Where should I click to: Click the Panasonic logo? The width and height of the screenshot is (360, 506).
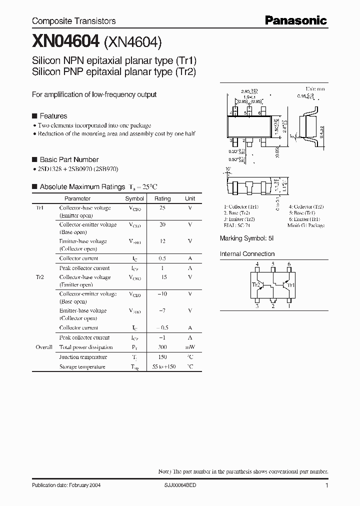[295, 20]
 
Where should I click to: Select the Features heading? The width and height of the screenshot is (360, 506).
[53, 116]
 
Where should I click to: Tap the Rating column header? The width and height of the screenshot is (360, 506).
[162, 198]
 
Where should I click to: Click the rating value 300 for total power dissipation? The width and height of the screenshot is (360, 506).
[162, 347]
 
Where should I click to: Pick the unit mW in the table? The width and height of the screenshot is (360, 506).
[190, 347]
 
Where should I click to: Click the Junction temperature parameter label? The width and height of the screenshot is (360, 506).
[83, 357]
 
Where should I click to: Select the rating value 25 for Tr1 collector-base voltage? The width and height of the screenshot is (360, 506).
[162, 208]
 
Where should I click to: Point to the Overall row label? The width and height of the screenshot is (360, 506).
[44, 347]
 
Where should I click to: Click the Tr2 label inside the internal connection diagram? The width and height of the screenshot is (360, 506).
[255, 285]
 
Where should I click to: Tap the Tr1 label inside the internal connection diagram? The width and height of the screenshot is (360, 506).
[292, 285]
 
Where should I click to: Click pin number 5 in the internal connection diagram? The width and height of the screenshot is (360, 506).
[273, 264]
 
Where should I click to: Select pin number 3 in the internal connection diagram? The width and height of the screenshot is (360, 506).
[257, 306]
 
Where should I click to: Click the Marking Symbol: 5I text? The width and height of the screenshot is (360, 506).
[246, 238]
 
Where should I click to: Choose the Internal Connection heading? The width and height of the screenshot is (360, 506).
[247, 254]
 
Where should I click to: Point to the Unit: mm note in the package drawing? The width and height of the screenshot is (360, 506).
[315, 87]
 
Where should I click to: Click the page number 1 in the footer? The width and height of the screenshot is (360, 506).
[326, 485]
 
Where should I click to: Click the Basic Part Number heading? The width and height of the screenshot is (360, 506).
[69, 159]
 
